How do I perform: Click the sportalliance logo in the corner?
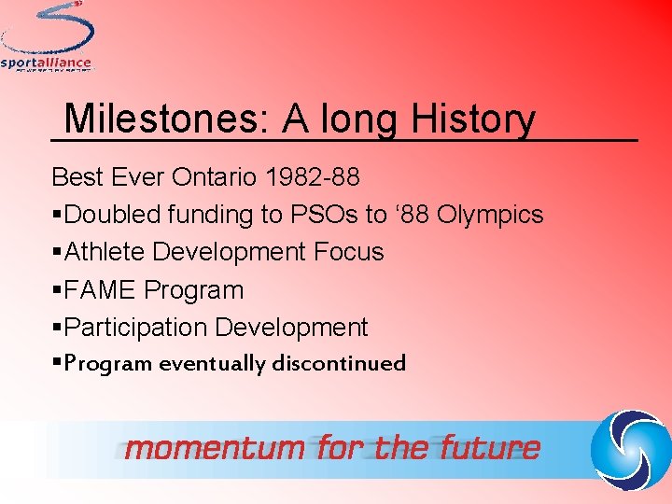pyautogui.click(x=47, y=37)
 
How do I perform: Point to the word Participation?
pyautogui.click(x=137, y=328)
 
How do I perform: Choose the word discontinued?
pyautogui.click(x=339, y=363)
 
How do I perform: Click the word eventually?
pyautogui.click(x=212, y=363)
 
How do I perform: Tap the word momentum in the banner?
pyautogui.click(x=215, y=449)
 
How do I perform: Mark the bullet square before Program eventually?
pyautogui.click(x=57, y=363)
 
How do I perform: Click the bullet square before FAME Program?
pyautogui.click(x=57, y=290)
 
